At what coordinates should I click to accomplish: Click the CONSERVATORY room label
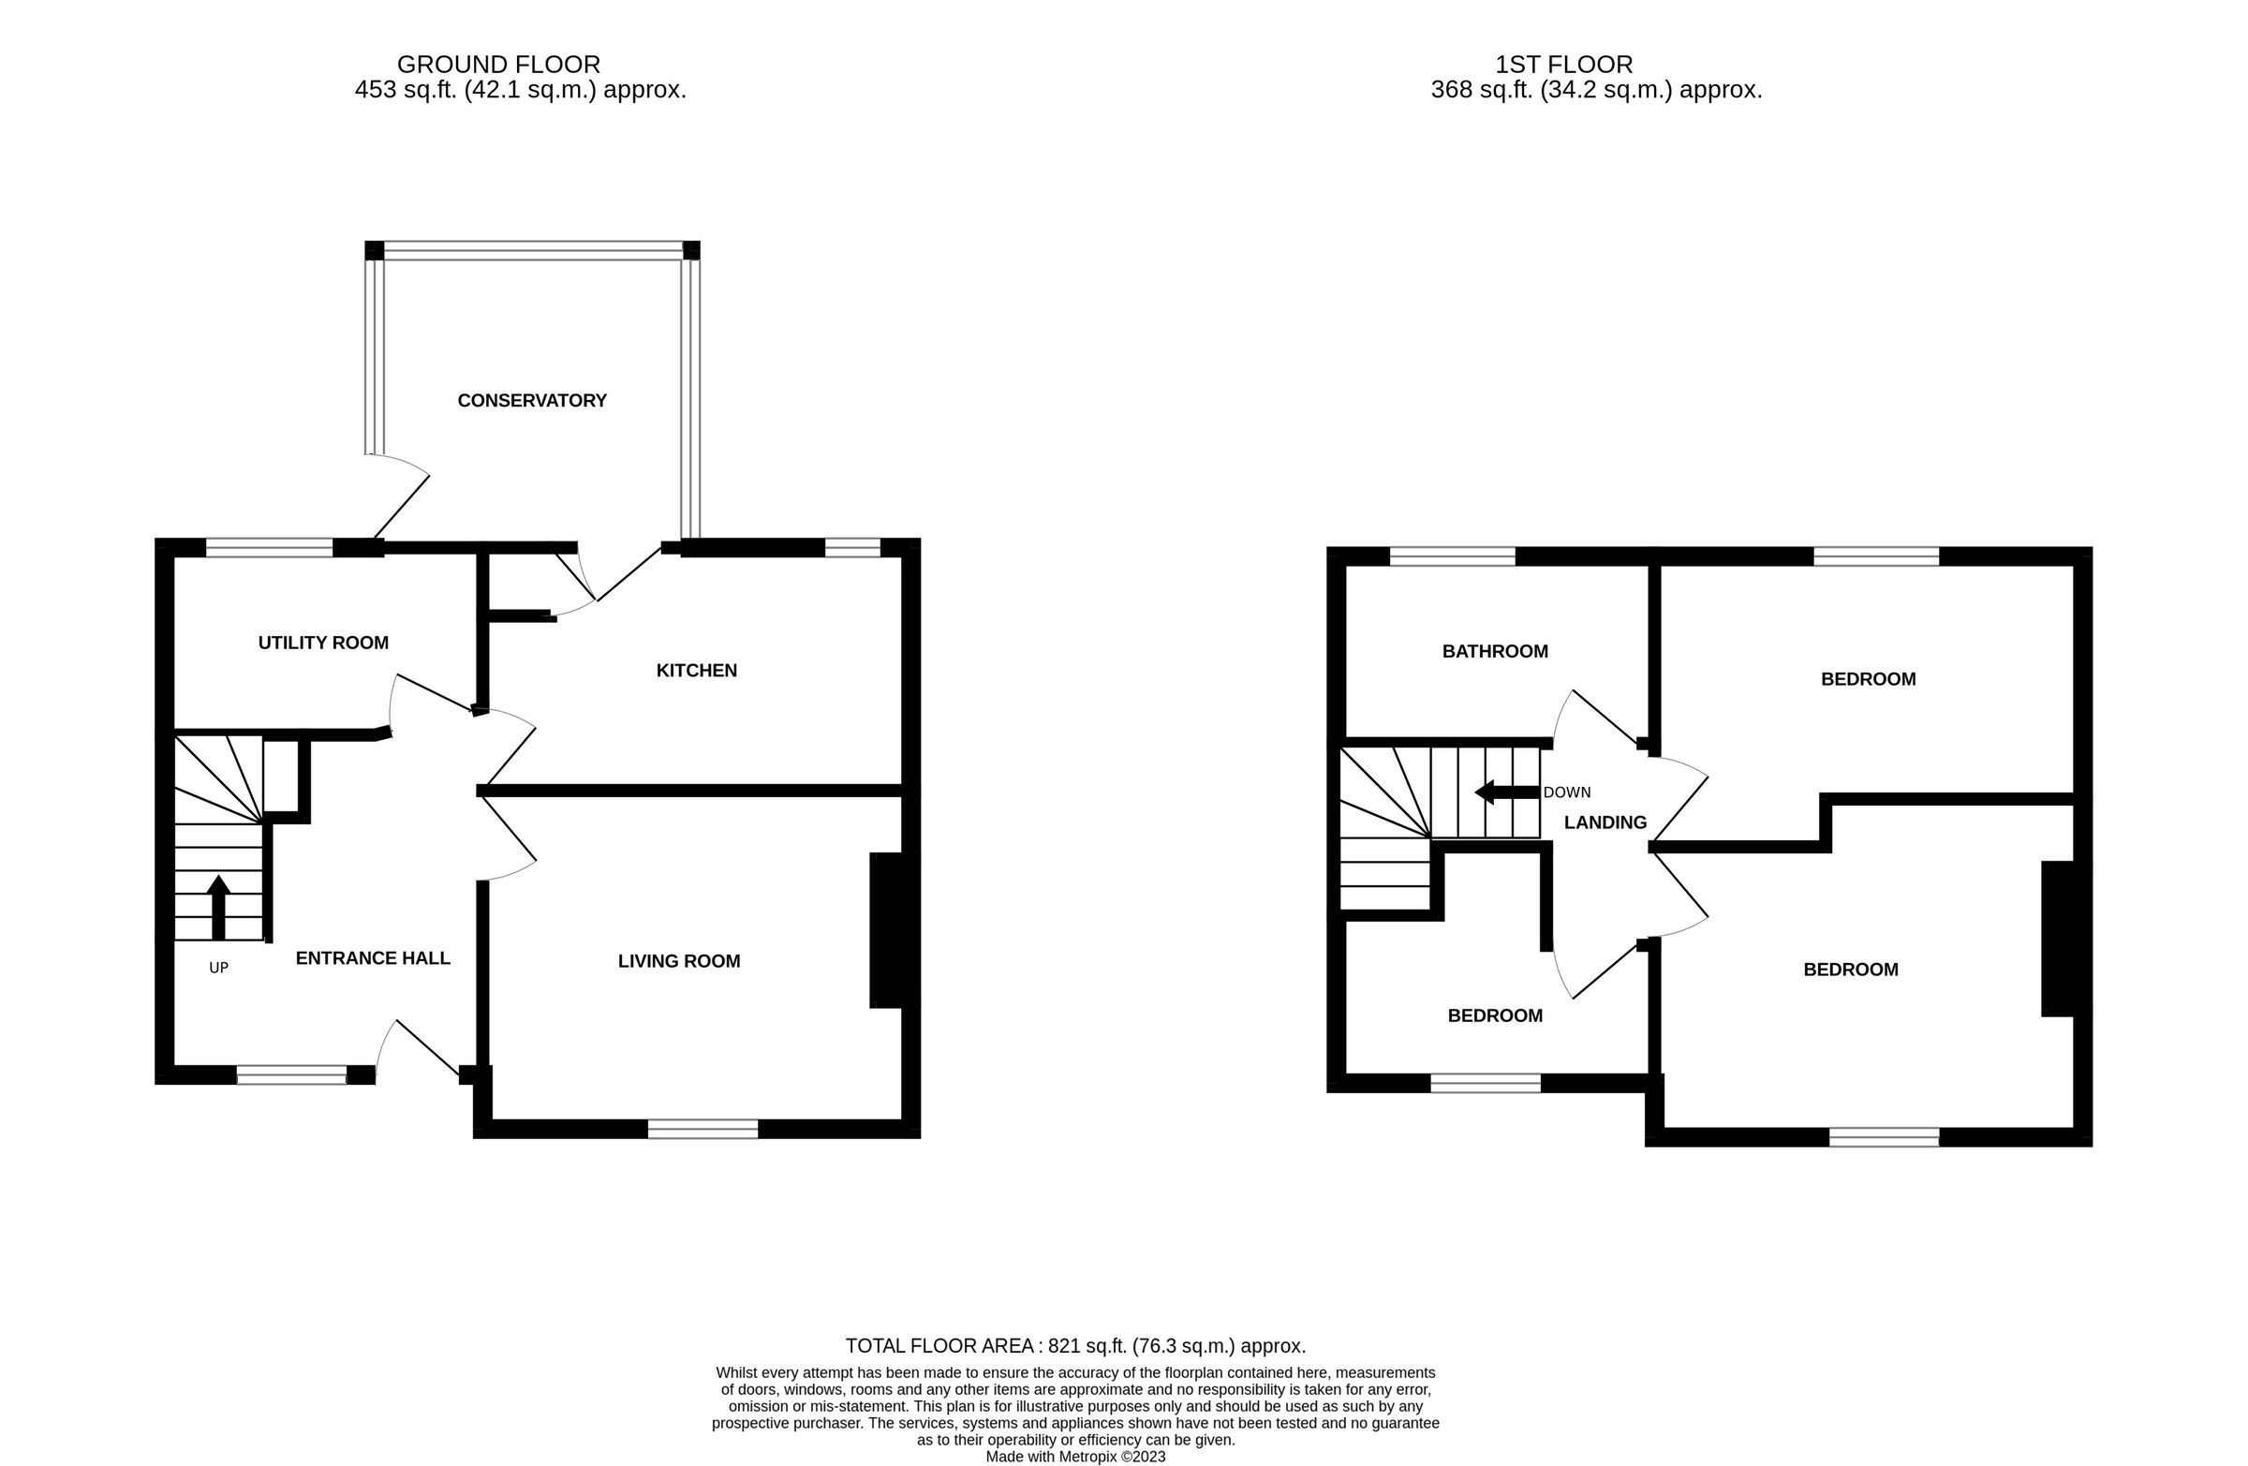[532, 401]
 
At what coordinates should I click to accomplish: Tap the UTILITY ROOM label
[323, 644]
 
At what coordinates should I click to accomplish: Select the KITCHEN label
[696, 671]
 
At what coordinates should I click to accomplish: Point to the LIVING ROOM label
[678, 962]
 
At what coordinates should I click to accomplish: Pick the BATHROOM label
[1494, 652]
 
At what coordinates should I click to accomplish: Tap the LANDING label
[1605, 822]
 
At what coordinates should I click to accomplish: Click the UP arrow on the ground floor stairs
[218, 907]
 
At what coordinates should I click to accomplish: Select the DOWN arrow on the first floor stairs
[1506, 792]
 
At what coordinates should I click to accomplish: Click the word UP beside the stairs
[218, 969]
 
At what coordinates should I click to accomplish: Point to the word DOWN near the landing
[1567, 792]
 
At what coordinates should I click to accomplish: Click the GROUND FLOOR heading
[497, 65]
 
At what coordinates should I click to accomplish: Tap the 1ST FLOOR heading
[1563, 65]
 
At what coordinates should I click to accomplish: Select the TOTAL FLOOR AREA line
[1075, 1346]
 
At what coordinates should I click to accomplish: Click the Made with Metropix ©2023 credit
[1075, 1457]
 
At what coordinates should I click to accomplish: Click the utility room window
[269, 548]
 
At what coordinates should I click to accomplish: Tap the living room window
[702, 1129]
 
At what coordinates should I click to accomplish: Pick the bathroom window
[1452, 556]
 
